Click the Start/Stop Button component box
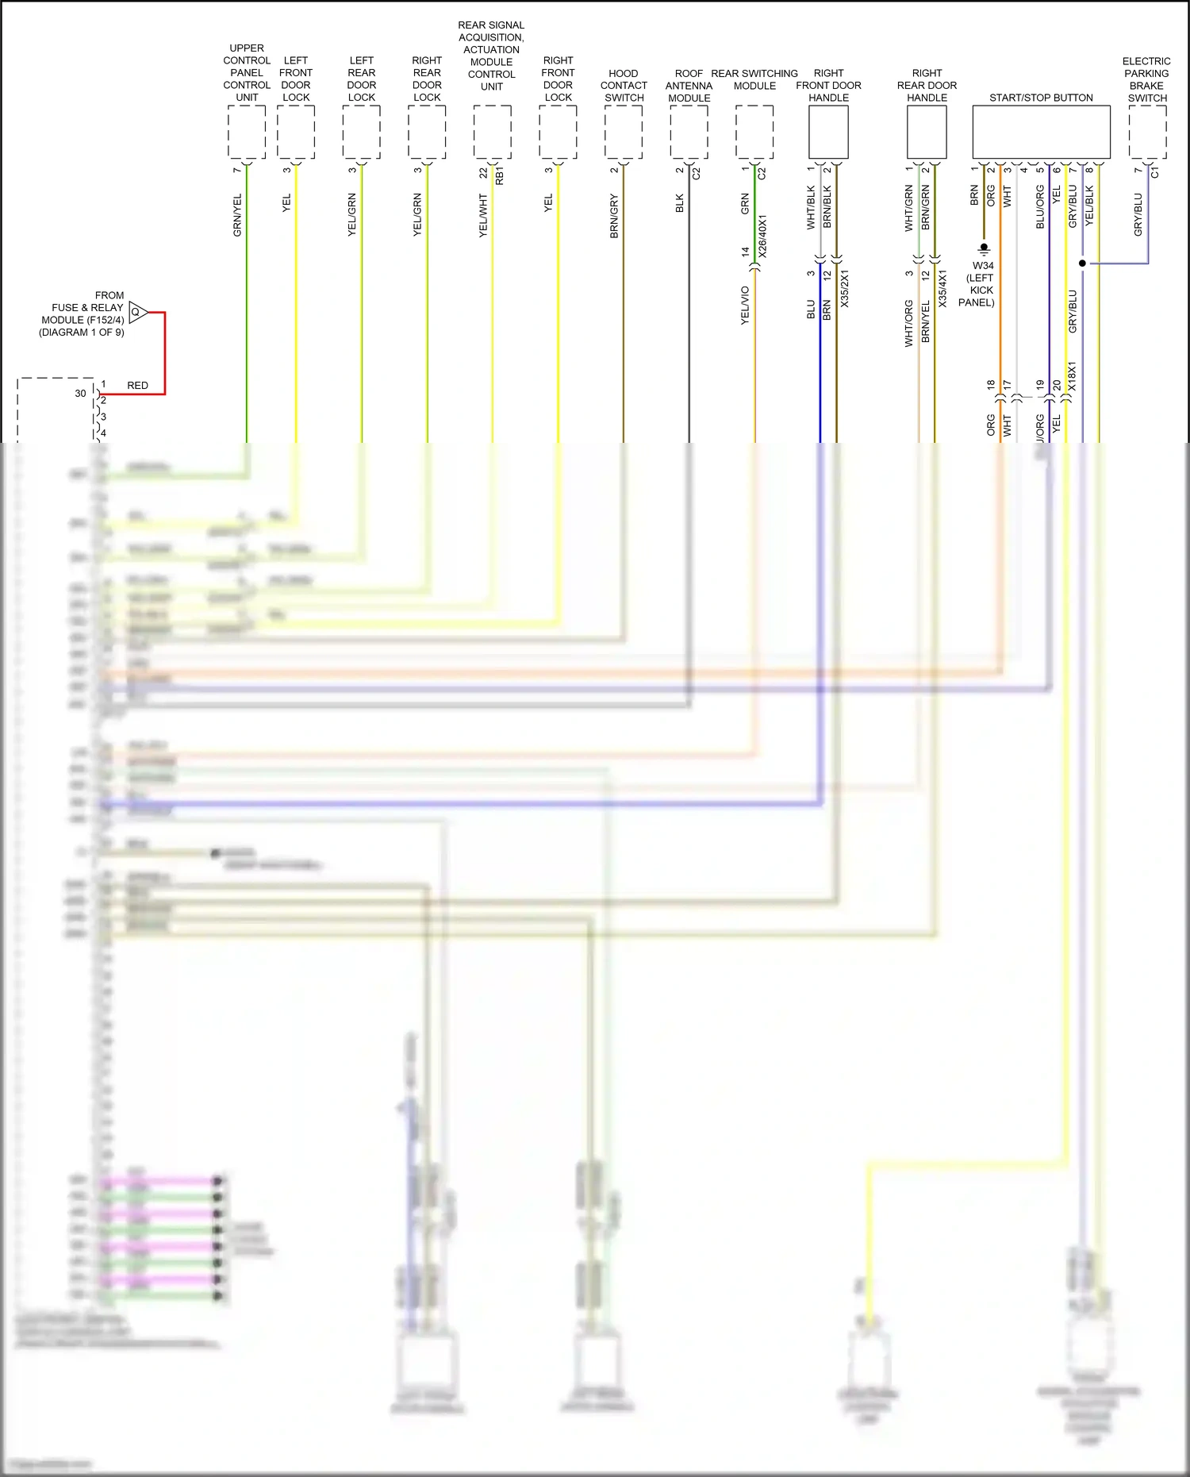(1041, 132)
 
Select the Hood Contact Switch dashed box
(624, 132)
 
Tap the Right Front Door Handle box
(828, 132)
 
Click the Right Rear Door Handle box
(927, 132)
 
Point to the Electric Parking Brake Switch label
(1146, 79)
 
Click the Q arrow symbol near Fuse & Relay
(137, 312)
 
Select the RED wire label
(137, 386)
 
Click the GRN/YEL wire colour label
(237, 215)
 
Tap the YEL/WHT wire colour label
(483, 216)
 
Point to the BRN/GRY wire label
(614, 216)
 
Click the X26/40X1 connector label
(762, 235)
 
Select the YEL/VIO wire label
(745, 305)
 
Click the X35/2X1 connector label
(844, 289)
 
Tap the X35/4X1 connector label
(942, 289)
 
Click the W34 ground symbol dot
(984, 247)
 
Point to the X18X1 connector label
(1072, 377)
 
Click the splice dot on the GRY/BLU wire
(1082, 263)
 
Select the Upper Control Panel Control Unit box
(247, 132)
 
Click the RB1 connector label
(500, 176)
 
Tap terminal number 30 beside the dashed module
(80, 394)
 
